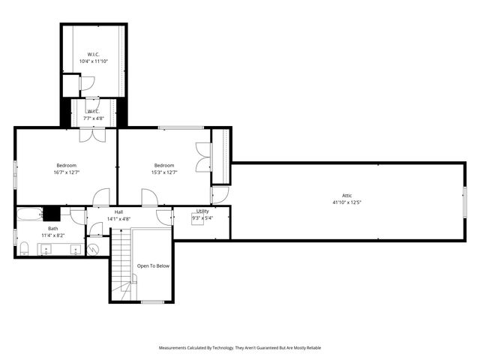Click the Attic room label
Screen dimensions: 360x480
click(347, 195)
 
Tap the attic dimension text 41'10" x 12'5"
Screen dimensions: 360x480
click(347, 202)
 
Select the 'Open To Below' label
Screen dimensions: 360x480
click(153, 265)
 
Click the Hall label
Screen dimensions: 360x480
click(118, 212)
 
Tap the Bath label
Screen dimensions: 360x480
click(52, 228)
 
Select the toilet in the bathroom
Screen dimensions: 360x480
click(24, 248)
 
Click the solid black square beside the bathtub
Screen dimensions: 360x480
click(51, 212)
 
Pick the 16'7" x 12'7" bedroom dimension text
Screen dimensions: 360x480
click(66, 172)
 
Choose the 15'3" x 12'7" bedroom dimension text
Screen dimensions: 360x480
click(164, 172)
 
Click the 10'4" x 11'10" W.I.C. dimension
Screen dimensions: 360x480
click(94, 61)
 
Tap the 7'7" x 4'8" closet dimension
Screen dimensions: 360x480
click(94, 118)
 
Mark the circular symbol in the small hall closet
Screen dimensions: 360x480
click(94, 248)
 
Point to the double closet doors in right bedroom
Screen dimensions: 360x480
click(201, 157)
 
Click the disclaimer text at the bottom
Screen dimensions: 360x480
click(240, 348)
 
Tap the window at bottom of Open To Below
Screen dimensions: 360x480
click(152, 301)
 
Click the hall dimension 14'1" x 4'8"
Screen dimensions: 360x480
click(118, 219)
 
